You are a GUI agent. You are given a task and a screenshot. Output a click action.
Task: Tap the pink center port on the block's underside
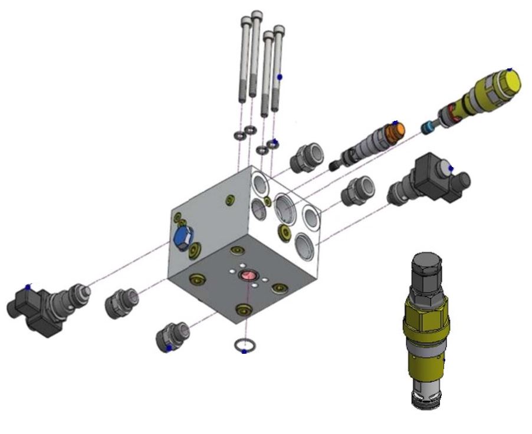click(246, 276)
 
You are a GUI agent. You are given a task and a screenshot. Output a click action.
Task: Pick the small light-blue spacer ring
click(427, 126)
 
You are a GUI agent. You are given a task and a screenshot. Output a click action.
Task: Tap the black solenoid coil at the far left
click(29, 310)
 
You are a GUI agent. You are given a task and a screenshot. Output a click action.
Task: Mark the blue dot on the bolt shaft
click(280, 77)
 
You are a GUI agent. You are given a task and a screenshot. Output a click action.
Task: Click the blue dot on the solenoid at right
click(451, 169)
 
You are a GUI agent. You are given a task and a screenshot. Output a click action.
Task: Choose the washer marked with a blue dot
click(272, 143)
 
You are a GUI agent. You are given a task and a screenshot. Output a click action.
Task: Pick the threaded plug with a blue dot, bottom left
click(170, 340)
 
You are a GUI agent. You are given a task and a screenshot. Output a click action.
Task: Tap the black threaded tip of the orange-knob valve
click(338, 163)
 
